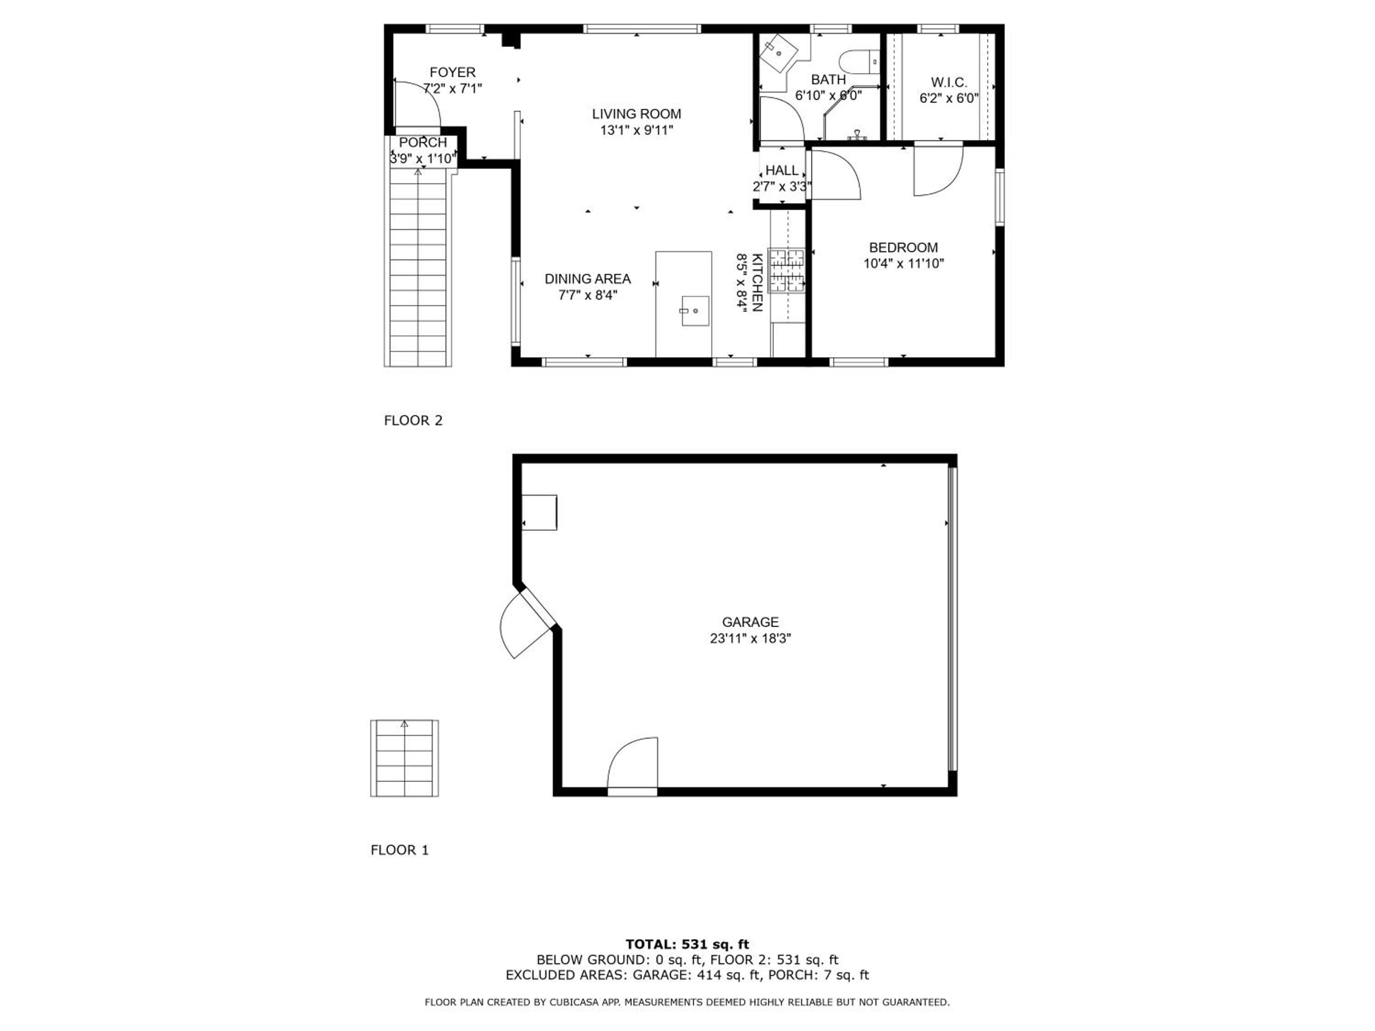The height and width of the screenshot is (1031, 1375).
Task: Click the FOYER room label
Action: coord(452,72)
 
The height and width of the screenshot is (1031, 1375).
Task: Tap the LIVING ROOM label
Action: coord(637,114)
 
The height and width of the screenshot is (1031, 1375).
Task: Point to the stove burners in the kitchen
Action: coord(787,270)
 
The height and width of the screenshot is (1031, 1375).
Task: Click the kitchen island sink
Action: coord(695,310)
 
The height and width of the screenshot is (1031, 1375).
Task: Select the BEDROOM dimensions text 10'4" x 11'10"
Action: coord(903,263)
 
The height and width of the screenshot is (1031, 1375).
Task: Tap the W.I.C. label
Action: coord(949,82)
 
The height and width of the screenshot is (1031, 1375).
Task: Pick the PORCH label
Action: coord(423,143)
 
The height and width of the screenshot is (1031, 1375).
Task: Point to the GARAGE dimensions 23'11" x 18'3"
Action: coord(750,638)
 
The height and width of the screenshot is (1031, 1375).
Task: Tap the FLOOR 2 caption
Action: coord(413,421)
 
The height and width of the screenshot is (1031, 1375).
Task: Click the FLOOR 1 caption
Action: coord(400,850)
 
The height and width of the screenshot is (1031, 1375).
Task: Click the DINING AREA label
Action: coord(588,279)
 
